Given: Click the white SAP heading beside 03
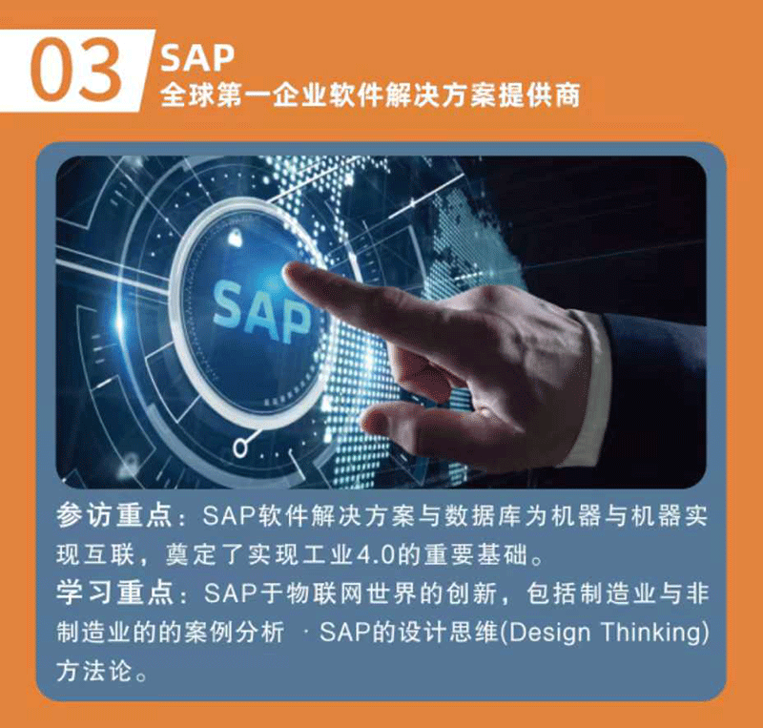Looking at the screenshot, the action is click(x=197, y=58).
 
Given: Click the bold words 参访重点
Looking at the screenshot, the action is click(x=113, y=515).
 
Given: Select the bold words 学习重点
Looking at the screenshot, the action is click(x=113, y=593).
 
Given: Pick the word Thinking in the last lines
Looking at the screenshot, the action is click(x=650, y=633).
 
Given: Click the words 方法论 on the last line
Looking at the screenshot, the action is click(x=93, y=671).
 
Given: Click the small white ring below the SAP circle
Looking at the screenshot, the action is click(x=239, y=447).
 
